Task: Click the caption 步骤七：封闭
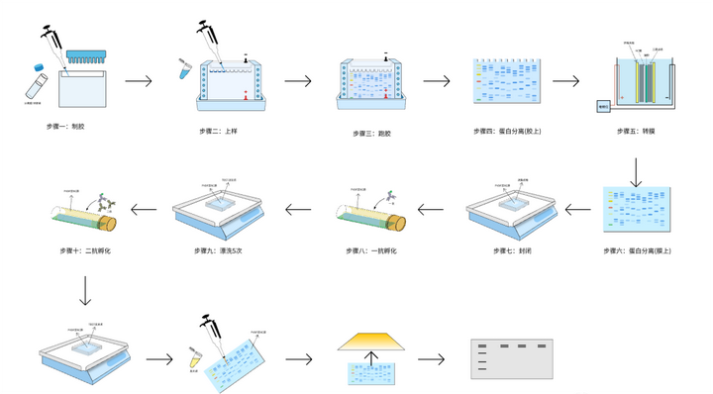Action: (507, 251)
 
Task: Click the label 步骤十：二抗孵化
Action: (85, 251)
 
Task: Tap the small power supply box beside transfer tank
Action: (604, 105)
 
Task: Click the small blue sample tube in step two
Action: (183, 68)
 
